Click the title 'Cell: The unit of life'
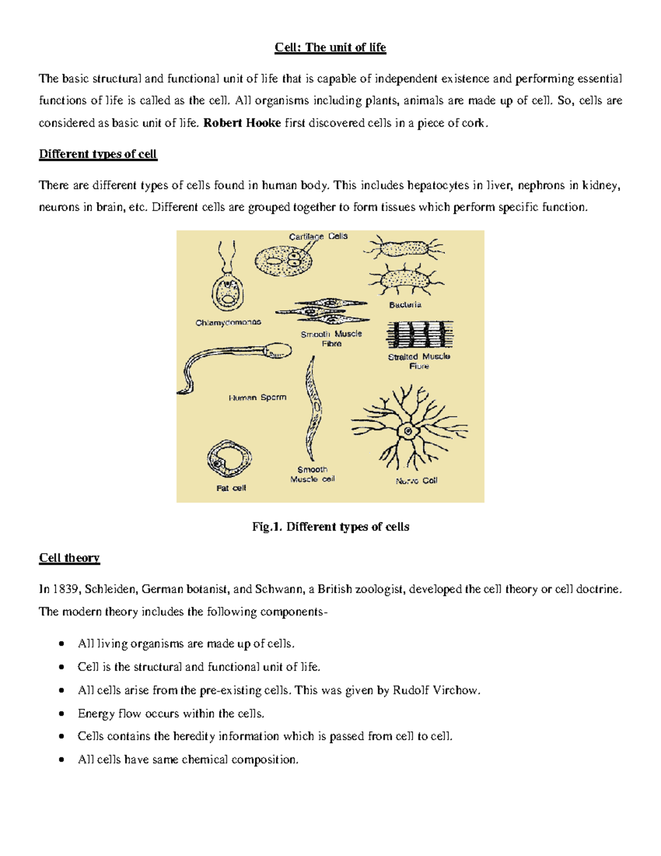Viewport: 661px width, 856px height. (330, 47)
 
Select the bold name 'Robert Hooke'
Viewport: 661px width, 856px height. (242, 123)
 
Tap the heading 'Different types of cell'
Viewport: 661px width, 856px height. (98, 154)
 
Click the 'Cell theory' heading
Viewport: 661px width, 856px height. (69, 558)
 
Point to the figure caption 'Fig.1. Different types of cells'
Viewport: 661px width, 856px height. (330, 527)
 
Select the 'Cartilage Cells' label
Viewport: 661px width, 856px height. (318, 236)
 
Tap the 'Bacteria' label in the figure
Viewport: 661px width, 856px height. (405, 305)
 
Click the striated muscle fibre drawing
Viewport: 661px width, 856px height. (420, 335)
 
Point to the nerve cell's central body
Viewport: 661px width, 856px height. (408, 431)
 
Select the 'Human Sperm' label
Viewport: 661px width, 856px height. (257, 397)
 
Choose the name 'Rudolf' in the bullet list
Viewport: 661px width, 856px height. (411, 690)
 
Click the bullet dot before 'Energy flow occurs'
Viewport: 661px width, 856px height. (62, 714)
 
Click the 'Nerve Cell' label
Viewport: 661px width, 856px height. (416, 481)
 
